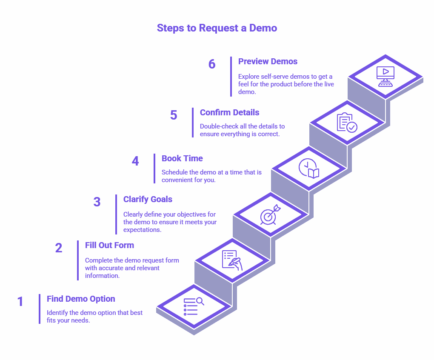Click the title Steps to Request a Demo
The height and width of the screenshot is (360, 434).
tap(217, 28)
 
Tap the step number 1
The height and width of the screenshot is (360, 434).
tap(20, 302)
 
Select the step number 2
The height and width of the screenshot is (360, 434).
tap(59, 248)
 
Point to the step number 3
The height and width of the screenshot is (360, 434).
tap(97, 202)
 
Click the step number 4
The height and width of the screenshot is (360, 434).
tap(135, 161)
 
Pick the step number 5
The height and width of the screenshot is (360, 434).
tap(174, 115)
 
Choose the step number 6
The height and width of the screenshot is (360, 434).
tap(212, 64)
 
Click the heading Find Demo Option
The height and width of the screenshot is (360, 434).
tap(81, 299)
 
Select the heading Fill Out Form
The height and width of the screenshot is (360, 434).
tap(109, 245)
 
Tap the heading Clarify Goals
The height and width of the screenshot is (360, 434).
tap(148, 199)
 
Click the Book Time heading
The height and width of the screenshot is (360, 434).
tap(182, 158)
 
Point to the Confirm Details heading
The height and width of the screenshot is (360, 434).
tap(229, 112)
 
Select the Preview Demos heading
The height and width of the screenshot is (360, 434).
tap(268, 61)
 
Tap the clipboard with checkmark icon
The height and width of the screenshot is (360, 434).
tap(347, 123)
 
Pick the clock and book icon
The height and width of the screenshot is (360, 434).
tap(308, 168)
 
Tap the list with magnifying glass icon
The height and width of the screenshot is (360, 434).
tap(194, 306)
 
